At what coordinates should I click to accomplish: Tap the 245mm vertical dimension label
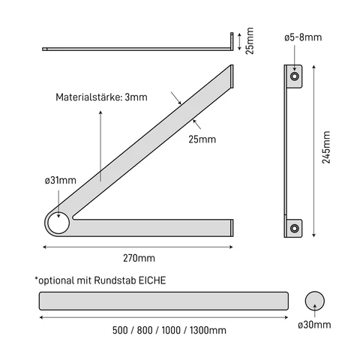coord(326,153)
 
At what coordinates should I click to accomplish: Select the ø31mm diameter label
coord(59,181)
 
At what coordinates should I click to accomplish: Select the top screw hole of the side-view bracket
coord(293,76)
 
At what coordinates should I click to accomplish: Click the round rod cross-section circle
coord(316,301)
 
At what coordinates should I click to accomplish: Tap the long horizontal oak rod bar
coord(163,301)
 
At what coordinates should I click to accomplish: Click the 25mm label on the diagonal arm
coord(202,139)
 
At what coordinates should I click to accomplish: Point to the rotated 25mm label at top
coord(250,41)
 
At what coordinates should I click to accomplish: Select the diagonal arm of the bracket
coord(150,142)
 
